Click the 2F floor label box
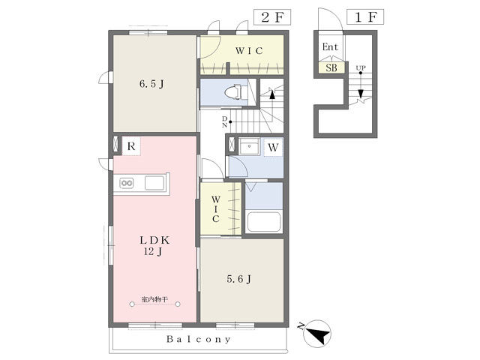point(271,17)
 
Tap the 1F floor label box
point(365,17)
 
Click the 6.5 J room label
point(151,83)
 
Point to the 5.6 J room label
point(238,279)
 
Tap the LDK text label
point(154,240)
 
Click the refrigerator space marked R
point(131,146)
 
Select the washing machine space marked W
point(273,147)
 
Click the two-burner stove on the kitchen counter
point(127,183)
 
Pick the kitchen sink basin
point(154,183)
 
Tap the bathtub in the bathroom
point(264,222)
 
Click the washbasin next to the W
point(249,146)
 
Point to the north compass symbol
point(316,334)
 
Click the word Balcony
point(198,339)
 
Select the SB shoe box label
point(331,67)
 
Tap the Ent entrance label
point(330,46)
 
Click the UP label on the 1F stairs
point(361,67)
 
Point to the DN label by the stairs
point(224,121)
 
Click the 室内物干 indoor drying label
point(155,299)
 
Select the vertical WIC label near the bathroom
point(215,209)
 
